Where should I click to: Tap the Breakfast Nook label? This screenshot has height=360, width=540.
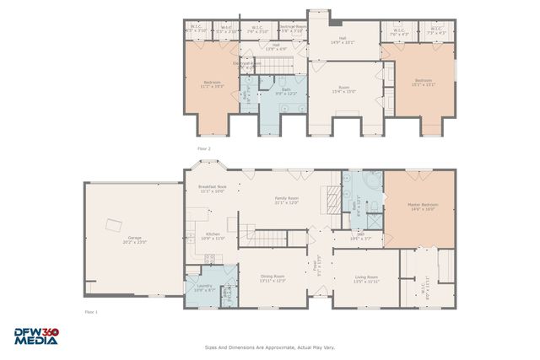coord(212,189)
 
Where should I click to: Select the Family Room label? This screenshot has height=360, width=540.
coord(287,200)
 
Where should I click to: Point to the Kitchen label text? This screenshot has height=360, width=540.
coord(213,236)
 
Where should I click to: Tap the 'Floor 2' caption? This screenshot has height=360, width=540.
coord(203,148)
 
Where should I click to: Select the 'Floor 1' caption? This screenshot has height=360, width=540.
coord(91,312)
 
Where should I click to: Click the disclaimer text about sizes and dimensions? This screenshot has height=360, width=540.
coord(269,346)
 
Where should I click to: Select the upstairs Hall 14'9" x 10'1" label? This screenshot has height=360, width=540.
coord(342,40)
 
